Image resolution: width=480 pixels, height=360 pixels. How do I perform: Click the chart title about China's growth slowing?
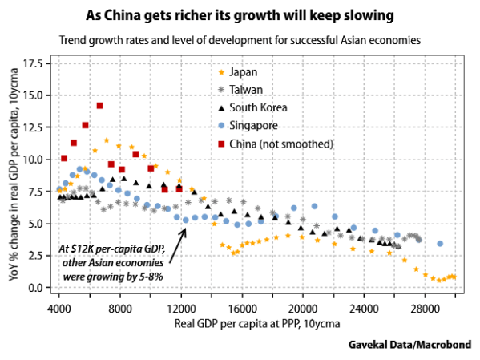tap(240, 16)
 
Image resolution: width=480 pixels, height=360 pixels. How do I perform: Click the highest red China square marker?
tap(100, 105)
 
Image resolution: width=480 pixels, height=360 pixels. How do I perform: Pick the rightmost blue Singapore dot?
tap(440, 243)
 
